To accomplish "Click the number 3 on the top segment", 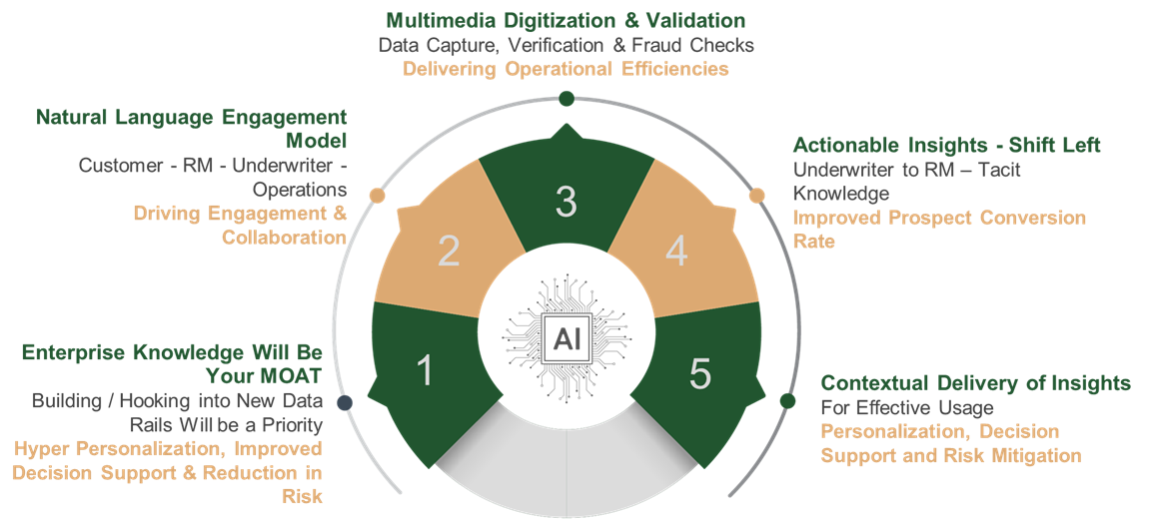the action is (x=566, y=202).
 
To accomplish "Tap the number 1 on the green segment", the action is (x=425, y=370).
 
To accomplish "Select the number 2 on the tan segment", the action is (x=449, y=252).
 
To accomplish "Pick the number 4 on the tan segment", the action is (x=676, y=252).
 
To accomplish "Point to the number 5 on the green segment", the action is (x=700, y=372).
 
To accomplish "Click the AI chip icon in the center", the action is (x=567, y=338).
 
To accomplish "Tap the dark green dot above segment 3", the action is (x=567, y=99).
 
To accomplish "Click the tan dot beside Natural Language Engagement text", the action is (x=378, y=196).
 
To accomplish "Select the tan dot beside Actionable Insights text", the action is (x=756, y=196).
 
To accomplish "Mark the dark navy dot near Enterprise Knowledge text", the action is (x=345, y=402).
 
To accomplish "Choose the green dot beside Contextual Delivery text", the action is (x=787, y=401).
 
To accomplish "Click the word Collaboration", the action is (x=285, y=238).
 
